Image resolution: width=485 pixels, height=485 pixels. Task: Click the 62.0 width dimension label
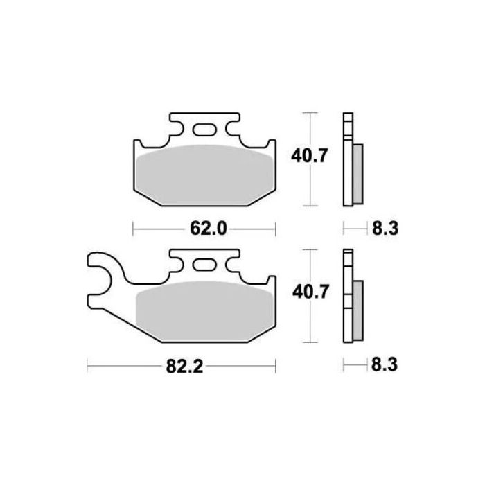pyautogui.click(x=205, y=227)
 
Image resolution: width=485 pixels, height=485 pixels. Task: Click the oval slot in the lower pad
pyautogui.click(x=204, y=264)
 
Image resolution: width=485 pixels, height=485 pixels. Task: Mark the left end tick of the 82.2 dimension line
pyautogui.click(x=87, y=362)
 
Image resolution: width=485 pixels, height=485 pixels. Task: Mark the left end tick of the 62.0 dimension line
pyautogui.click(x=133, y=227)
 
